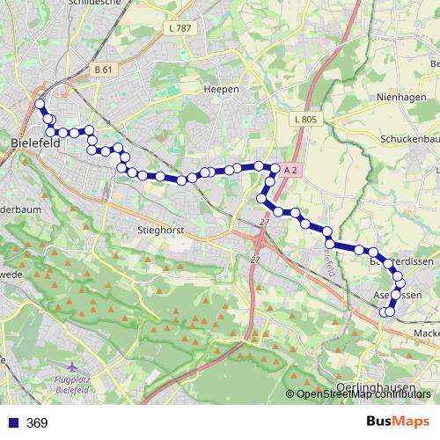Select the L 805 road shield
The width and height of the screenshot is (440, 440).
305,119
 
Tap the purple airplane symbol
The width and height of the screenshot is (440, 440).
73,366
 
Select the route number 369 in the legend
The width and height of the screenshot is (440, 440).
37,423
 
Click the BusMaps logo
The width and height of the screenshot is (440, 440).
398,422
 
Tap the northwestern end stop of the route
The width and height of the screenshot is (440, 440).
40,104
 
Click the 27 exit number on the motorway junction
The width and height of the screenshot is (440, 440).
254,260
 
